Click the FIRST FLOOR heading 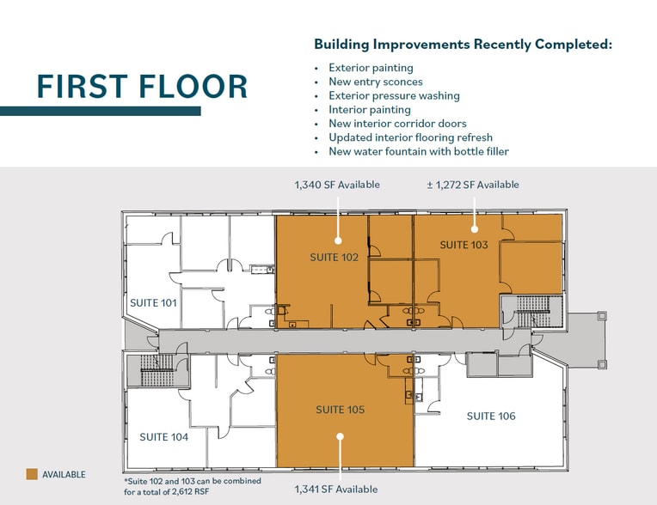pos(142,87)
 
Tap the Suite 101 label pos(153,302)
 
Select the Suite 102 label pos(334,257)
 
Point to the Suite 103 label pos(464,245)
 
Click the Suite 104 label pos(164,437)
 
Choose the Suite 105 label pos(340,409)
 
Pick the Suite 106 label pos(491,416)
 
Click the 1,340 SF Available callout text pos(337,185)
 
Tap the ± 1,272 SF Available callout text pos(473,185)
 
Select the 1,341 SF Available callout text pos(335,489)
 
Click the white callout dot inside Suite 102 pos(338,240)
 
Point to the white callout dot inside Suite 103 pos(475,228)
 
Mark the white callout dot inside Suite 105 pos(341,436)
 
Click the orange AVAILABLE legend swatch pos(32,474)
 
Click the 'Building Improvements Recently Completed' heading pos(463,44)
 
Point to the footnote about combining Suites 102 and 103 pos(193,486)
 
